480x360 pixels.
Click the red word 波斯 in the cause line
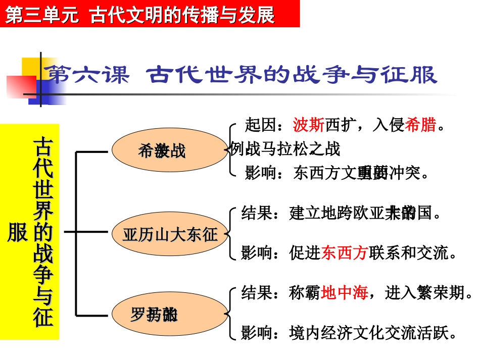(308, 125)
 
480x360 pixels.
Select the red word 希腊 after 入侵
(421, 125)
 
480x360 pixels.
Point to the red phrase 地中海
(344, 293)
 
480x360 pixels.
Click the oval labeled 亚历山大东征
(170, 234)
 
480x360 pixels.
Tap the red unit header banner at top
(150, 14)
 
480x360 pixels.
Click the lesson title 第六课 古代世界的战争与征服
(241, 75)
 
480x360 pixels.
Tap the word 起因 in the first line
(260, 125)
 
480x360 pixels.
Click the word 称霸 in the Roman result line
(305, 293)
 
